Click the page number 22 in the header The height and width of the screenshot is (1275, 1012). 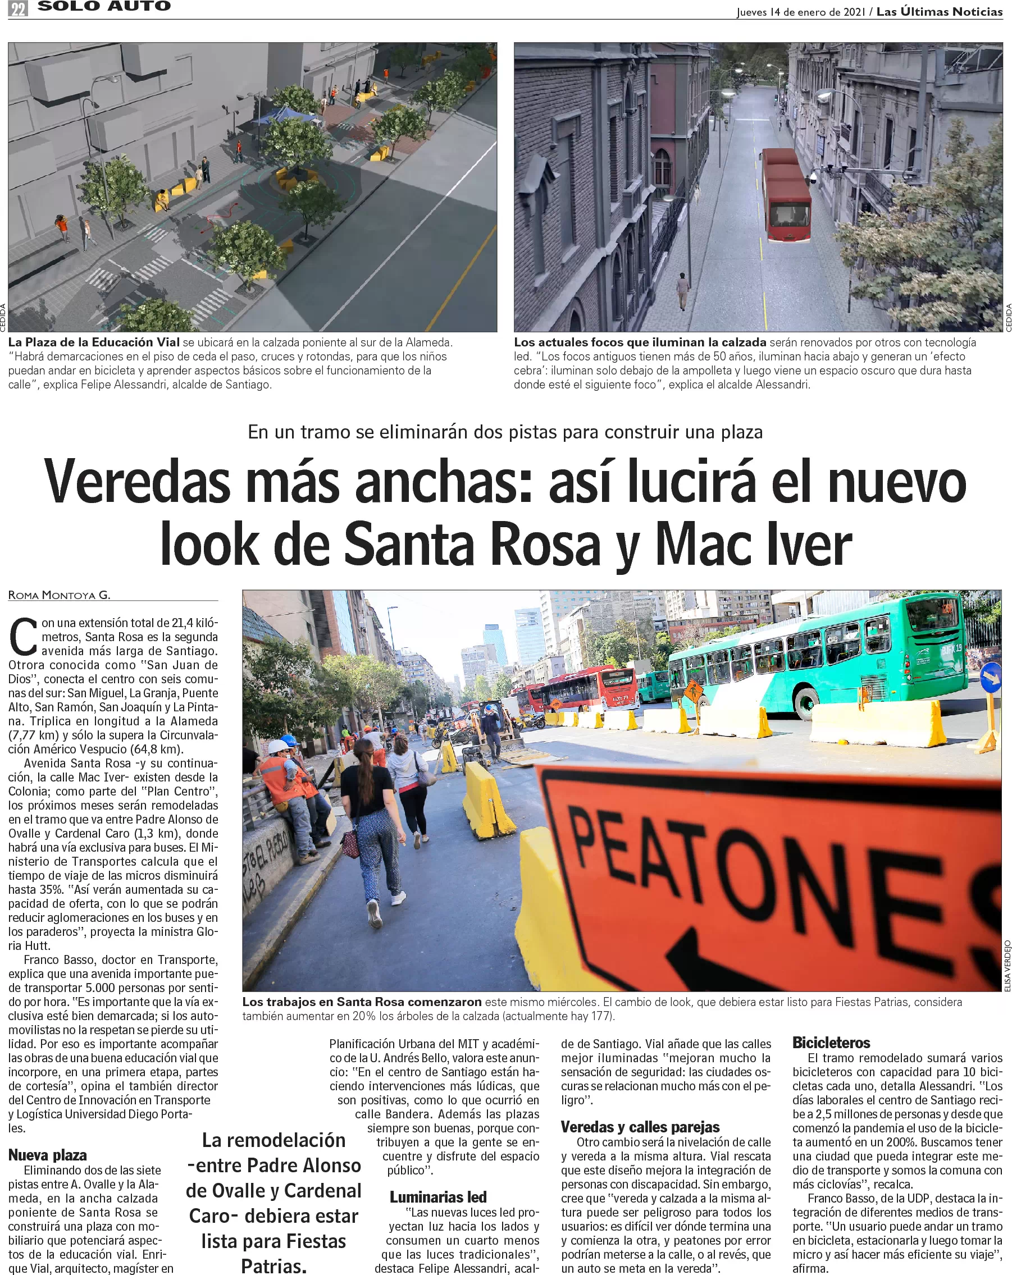(x=19, y=9)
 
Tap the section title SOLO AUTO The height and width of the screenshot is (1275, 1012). (x=104, y=7)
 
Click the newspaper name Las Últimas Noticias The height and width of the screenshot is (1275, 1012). (x=939, y=11)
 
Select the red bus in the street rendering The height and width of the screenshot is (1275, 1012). (x=786, y=195)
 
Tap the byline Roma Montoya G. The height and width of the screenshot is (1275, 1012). (x=59, y=595)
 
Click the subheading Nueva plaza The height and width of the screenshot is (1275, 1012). (x=47, y=1155)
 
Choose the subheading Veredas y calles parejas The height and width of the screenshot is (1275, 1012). (x=640, y=1127)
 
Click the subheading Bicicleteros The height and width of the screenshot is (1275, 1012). (x=831, y=1043)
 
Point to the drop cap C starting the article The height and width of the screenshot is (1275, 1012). (x=24, y=637)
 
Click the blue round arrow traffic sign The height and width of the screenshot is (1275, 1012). (x=991, y=678)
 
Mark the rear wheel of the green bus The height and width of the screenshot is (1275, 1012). (x=808, y=703)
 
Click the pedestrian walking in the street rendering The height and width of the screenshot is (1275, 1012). (x=682, y=290)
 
